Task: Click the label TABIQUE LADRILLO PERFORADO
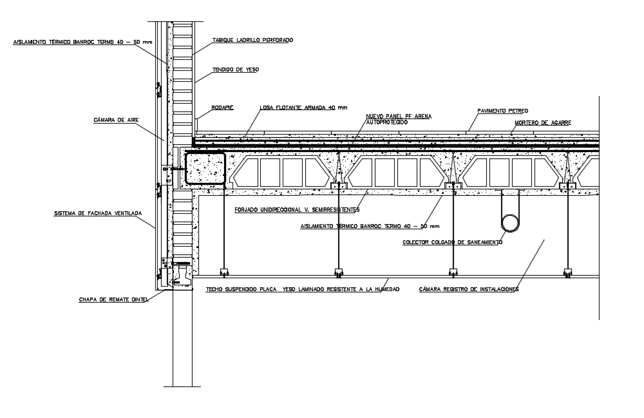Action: pyautogui.click(x=252, y=40)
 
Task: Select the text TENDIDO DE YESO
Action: pyautogui.click(x=236, y=70)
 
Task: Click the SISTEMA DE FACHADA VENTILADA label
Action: pyautogui.click(x=98, y=213)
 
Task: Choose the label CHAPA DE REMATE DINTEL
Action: pyautogui.click(x=113, y=299)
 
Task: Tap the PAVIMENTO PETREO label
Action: pyautogui.click(x=502, y=111)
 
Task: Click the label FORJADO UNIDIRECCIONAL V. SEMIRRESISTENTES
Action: pyautogui.click(x=298, y=209)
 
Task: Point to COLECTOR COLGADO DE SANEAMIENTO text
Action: pyautogui.click(x=452, y=242)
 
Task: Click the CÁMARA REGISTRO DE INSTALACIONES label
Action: pyautogui.click(x=468, y=289)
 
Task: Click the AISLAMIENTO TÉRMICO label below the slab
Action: pyautogui.click(x=370, y=226)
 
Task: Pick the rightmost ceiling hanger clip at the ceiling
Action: pyautogui.click(x=567, y=271)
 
